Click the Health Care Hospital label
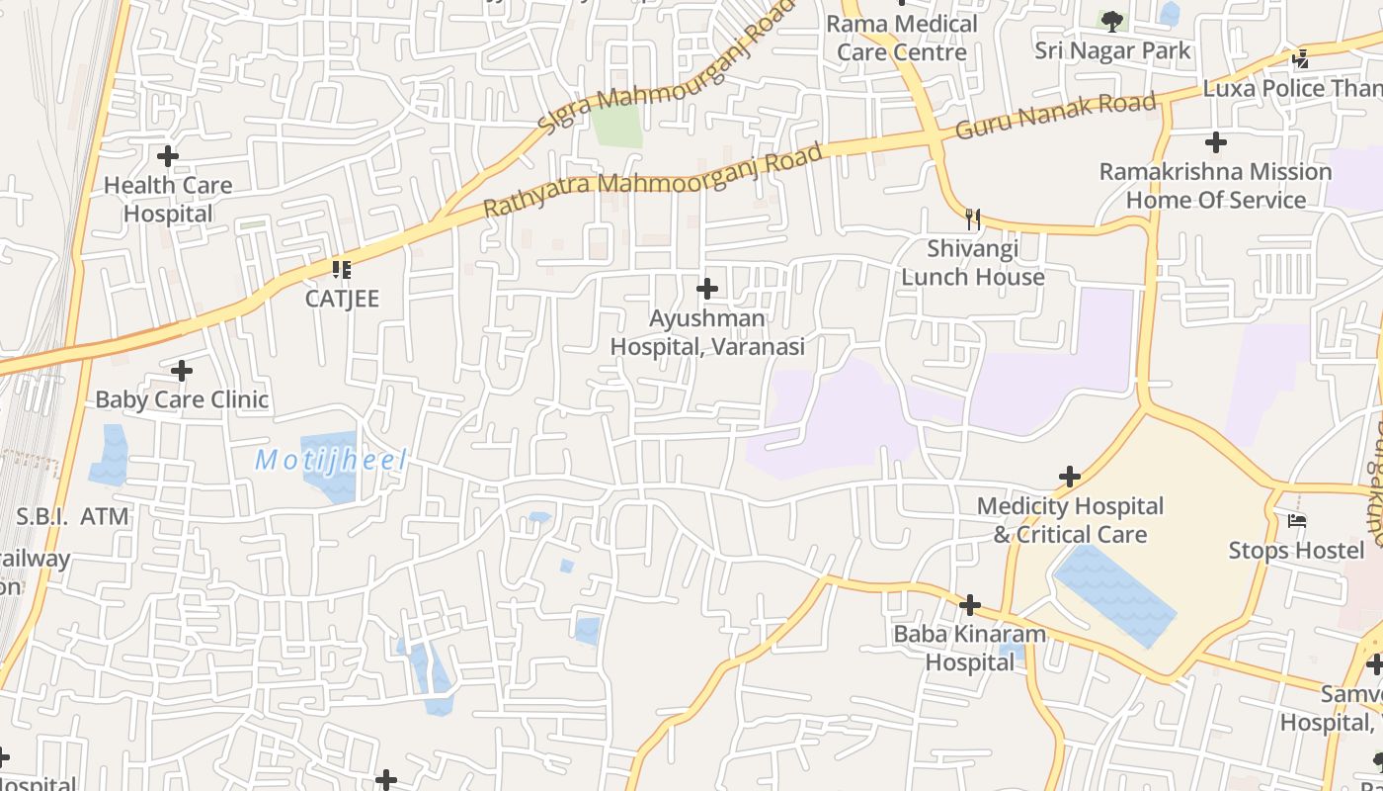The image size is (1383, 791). (168, 199)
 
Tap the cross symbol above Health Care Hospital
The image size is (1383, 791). (168, 156)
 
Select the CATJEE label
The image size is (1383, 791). (342, 299)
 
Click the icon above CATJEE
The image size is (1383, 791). (342, 269)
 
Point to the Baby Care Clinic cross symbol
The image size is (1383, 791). (182, 371)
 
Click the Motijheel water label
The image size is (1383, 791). (331, 460)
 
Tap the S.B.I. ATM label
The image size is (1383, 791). (73, 516)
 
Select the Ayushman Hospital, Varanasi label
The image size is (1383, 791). (707, 332)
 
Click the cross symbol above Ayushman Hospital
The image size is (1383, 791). (707, 289)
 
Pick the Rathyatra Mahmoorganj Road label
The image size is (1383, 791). (652, 181)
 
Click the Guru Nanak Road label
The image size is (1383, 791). (1055, 115)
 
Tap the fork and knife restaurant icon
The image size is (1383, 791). (973, 219)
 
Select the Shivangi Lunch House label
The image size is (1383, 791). (973, 263)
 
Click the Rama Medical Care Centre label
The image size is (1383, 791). (902, 38)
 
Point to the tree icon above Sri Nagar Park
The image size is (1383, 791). (1112, 21)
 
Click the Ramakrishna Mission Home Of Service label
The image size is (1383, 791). (1216, 186)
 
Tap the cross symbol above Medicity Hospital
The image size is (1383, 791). (1070, 477)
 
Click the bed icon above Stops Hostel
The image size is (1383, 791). (1297, 520)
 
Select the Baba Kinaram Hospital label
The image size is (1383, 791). (970, 648)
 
